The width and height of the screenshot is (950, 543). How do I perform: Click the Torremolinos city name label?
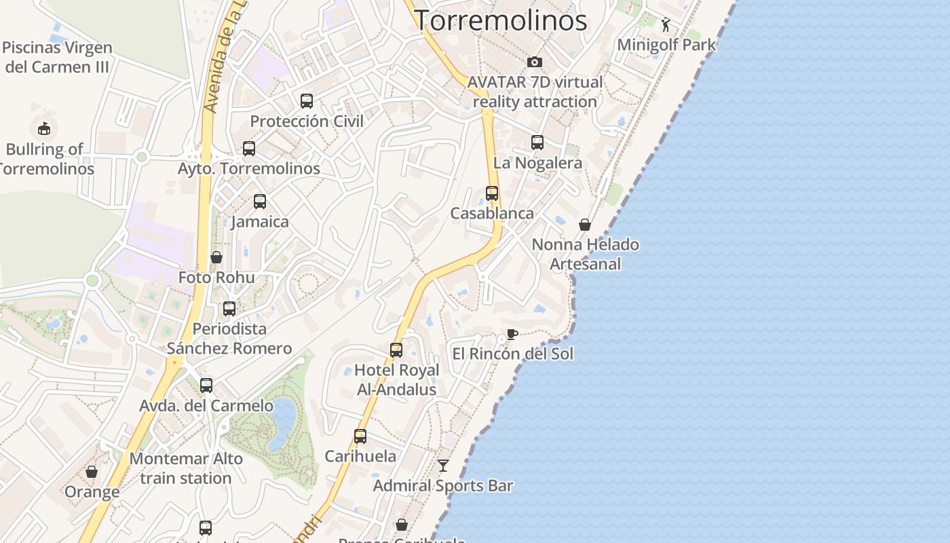click(500, 20)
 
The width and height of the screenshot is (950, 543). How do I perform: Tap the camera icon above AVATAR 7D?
click(535, 62)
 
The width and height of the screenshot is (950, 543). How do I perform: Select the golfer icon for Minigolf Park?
click(666, 25)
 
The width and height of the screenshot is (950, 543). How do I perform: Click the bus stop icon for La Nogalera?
click(537, 143)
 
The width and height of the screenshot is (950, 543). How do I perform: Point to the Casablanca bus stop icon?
click(492, 193)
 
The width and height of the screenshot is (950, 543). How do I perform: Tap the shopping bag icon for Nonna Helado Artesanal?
click(585, 225)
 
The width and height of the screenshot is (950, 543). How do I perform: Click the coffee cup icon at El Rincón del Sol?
click(512, 334)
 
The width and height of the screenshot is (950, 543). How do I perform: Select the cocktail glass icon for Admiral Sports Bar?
click(443, 466)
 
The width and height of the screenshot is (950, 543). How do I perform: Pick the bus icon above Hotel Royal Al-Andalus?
click(396, 350)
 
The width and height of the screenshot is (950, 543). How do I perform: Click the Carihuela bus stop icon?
click(360, 436)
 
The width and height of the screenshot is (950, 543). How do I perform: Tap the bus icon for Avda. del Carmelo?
click(206, 386)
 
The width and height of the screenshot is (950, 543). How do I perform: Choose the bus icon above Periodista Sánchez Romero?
click(229, 309)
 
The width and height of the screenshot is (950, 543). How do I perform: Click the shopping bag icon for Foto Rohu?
click(216, 257)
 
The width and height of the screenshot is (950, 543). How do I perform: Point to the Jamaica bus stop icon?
click(260, 202)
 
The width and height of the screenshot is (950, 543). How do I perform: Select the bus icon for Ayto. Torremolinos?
click(249, 149)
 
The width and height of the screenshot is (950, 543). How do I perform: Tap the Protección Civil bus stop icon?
click(307, 101)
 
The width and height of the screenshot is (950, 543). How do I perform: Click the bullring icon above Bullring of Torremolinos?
click(44, 128)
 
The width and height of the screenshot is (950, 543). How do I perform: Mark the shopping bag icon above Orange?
click(92, 472)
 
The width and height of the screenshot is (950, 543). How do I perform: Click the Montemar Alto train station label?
click(186, 468)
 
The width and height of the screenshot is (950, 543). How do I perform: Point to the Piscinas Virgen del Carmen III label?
click(58, 58)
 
